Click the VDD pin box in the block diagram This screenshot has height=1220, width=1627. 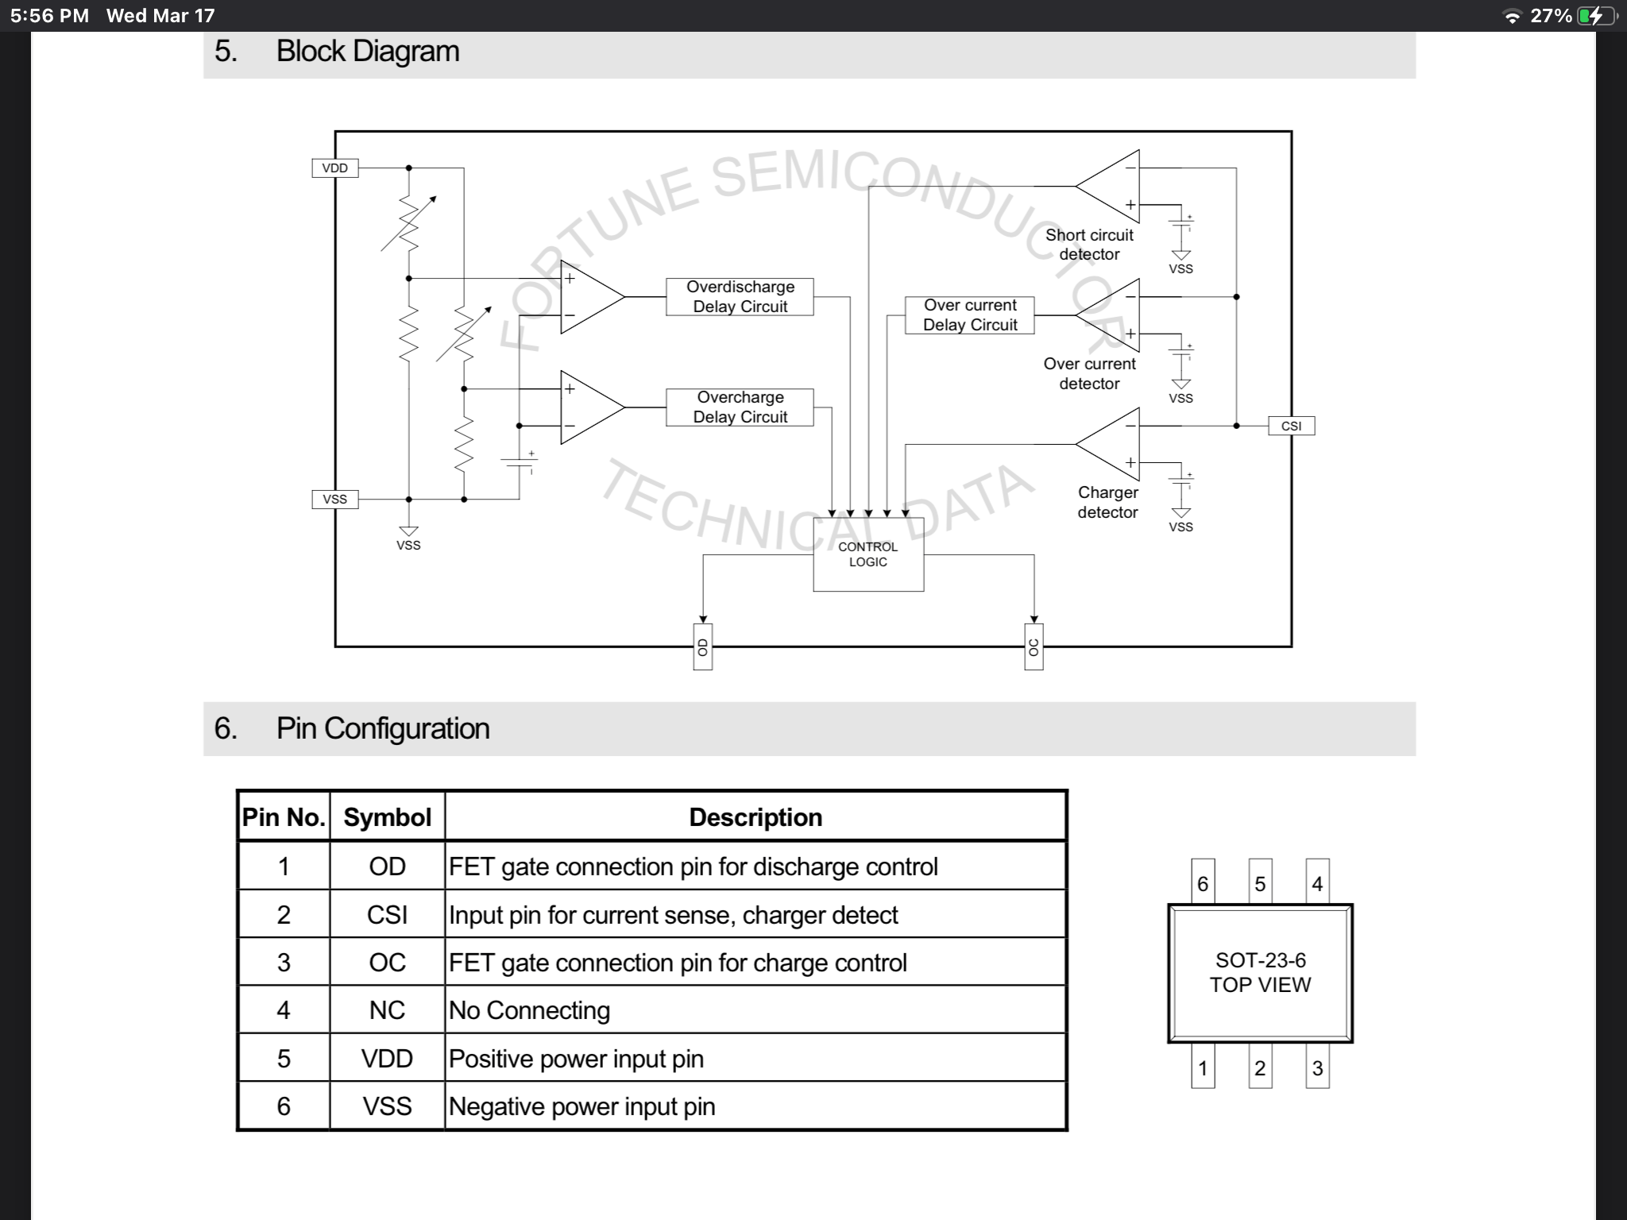point(334,168)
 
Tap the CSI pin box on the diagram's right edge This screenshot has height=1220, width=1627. point(1291,426)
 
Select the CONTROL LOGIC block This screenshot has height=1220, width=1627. point(868,554)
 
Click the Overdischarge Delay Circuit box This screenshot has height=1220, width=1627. point(740,297)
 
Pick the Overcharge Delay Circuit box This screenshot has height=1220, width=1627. point(740,407)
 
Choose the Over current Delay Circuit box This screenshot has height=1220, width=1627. point(969,315)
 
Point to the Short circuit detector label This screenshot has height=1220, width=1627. point(1089,245)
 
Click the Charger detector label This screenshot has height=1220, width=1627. point(1107,502)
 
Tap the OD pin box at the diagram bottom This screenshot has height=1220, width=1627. point(702,647)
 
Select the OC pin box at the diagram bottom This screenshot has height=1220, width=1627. point(1034,647)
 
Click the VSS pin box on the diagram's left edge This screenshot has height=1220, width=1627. point(334,500)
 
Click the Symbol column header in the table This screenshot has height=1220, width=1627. point(387,817)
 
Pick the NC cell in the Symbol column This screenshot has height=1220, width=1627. point(387,1010)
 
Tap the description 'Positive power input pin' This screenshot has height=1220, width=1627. point(576,1059)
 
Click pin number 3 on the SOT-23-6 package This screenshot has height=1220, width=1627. point(1317,1068)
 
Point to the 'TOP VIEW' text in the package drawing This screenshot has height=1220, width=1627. point(1260,985)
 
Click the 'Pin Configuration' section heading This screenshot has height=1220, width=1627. point(382,728)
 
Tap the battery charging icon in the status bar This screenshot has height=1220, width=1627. point(1594,16)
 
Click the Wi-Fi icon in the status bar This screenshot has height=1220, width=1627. point(1513,17)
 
